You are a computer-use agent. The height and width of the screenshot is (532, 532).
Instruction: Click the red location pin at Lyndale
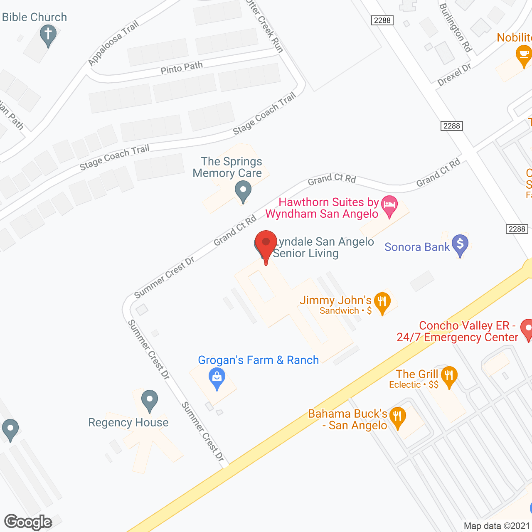[266, 243]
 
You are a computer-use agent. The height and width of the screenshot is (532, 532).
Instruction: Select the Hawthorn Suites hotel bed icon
[389, 205]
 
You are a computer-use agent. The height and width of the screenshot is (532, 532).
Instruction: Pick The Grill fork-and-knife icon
[449, 376]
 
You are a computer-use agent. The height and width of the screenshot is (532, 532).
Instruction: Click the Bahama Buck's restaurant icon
[398, 416]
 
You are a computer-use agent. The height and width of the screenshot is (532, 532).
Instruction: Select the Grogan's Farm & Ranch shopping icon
[217, 378]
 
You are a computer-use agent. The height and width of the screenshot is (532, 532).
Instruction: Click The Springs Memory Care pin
[243, 192]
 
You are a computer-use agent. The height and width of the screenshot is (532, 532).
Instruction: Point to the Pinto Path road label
[182, 68]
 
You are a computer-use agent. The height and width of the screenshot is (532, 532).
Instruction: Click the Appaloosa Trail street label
[113, 43]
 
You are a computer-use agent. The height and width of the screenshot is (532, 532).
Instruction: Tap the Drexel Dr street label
[454, 75]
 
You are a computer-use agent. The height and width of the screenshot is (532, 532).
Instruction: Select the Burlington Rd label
[456, 28]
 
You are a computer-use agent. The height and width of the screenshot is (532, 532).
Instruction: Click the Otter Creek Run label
[265, 26]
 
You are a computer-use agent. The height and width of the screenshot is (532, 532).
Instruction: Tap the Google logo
[28, 522]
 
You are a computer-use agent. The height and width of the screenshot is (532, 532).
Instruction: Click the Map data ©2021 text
[497, 526]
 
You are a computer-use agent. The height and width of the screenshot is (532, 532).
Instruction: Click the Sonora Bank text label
[417, 247]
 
